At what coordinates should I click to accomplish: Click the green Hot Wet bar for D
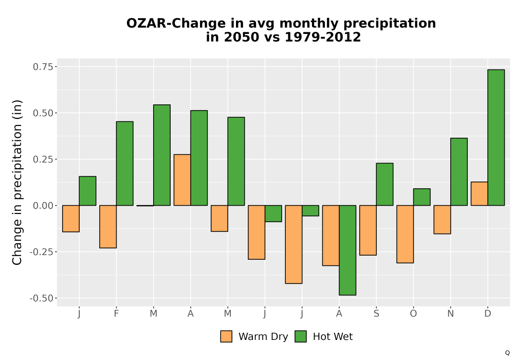[496, 138]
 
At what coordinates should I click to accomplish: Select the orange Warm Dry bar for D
[479, 194]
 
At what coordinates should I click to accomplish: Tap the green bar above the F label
[124, 164]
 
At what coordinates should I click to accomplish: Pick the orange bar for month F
[108, 227]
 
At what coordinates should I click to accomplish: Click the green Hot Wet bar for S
[384, 184]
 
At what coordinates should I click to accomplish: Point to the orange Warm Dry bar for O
[405, 234]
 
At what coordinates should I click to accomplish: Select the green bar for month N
[459, 172]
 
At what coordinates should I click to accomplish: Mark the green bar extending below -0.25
[347, 250]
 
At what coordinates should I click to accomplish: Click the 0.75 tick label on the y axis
[43, 67]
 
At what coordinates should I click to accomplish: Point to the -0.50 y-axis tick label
[41, 298]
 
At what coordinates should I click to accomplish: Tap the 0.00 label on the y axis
[43, 206]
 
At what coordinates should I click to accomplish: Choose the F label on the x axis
[116, 314]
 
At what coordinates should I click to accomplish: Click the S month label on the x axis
[376, 314]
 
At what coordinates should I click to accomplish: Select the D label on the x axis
[488, 314]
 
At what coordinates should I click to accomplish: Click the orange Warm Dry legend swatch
[226, 336]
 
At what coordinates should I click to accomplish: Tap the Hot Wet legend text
[333, 337]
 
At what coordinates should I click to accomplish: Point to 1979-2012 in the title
[323, 37]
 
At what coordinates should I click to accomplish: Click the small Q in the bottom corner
[507, 353]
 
